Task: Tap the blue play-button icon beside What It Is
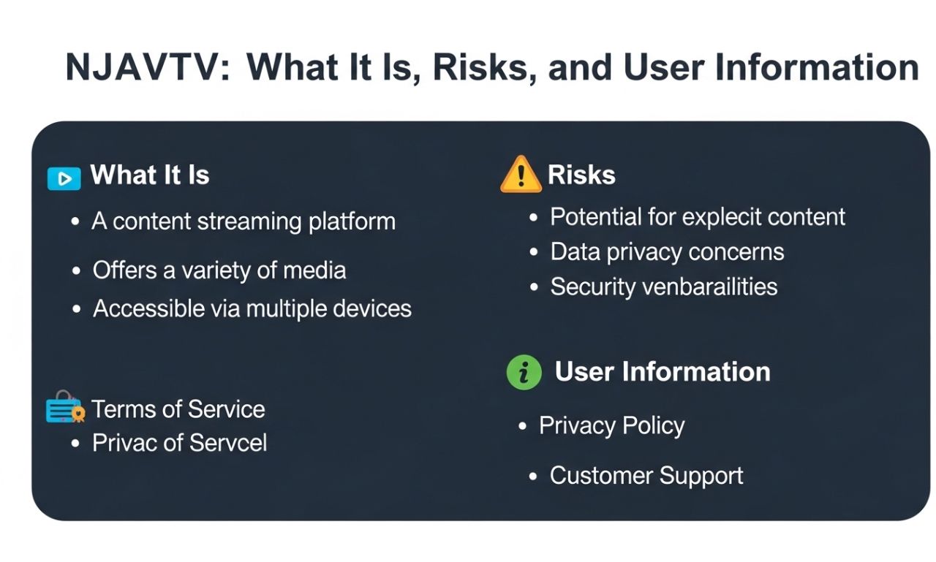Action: pos(64,178)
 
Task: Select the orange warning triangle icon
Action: pos(521,175)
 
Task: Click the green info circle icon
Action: pos(524,373)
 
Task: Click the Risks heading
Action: pos(581,175)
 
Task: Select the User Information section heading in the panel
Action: pos(663,372)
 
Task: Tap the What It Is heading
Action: pos(150,175)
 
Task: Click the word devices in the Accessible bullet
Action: pos(372,308)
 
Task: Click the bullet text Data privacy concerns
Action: pos(667,252)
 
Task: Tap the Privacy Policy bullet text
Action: pos(611,425)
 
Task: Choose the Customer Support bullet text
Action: pos(646,476)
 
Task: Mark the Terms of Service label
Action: pos(178,409)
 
